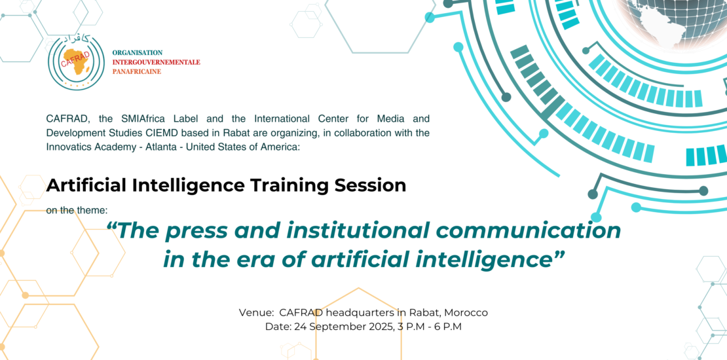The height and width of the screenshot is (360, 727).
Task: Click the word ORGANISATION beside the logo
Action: point(138,53)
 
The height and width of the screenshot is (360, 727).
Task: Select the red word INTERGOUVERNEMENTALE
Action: point(157,62)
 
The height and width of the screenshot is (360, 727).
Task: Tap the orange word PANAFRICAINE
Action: point(137,71)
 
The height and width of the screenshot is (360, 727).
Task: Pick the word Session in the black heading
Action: point(370,185)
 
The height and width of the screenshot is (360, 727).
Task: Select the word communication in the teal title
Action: point(510,231)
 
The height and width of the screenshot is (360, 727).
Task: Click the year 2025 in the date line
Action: point(380,327)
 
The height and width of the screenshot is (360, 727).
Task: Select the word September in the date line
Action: point(337,327)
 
